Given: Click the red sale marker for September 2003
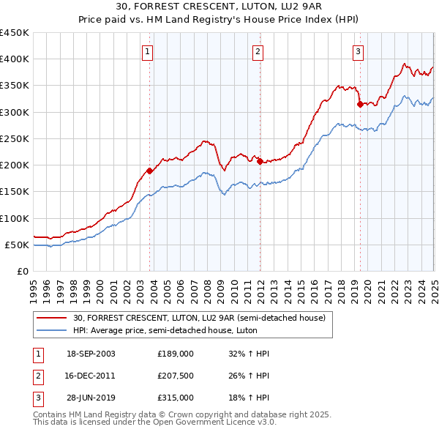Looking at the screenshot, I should (150, 171).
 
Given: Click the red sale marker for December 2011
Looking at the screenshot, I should (260, 161).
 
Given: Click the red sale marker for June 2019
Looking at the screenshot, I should (359, 104).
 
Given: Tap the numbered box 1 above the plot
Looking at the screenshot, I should (148, 51).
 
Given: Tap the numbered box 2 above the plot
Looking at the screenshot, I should (258, 51).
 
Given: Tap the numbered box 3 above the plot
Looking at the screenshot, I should (358, 51).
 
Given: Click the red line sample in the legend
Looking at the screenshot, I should (53, 318).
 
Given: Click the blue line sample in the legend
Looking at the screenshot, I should (53, 330).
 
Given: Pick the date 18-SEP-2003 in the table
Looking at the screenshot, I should (91, 354).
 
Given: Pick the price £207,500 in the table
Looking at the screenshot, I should (176, 376).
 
